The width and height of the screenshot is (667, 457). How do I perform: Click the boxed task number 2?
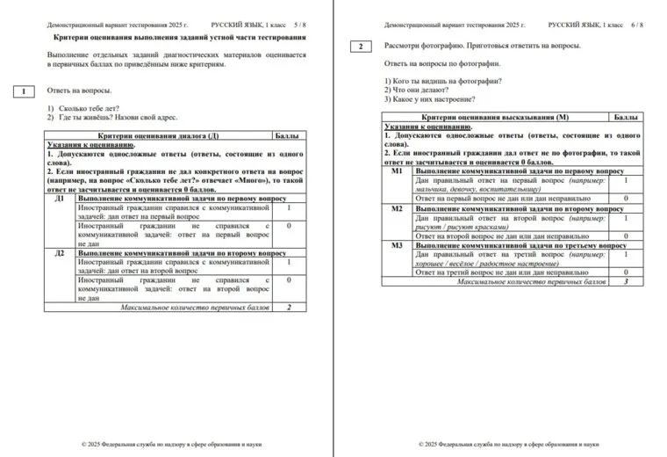point(360,47)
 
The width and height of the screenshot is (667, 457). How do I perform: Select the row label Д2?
point(60,253)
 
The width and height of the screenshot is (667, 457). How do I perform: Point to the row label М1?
point(397,171)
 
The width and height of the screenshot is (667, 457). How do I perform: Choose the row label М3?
point(397,246)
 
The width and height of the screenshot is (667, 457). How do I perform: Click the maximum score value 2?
point(289,308)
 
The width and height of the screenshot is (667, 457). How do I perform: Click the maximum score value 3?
point(626,282)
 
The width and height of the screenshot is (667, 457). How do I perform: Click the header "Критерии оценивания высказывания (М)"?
point(496,117)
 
